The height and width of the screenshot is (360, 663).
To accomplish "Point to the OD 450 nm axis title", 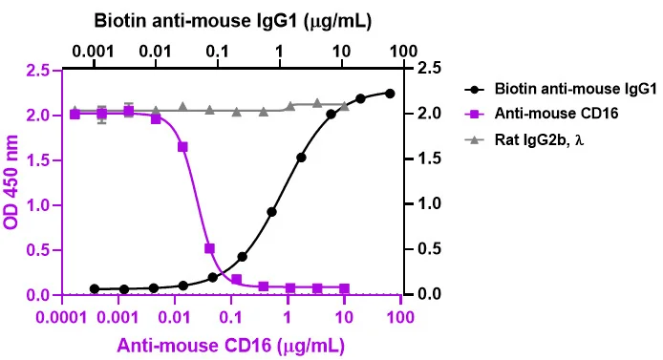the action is [x=11, y=182].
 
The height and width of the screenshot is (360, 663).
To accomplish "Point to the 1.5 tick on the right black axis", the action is [x=429, y=159].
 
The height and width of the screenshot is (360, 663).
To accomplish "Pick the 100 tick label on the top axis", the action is [x=403, y=52].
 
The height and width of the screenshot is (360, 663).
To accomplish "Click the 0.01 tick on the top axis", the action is [x=156, y=52].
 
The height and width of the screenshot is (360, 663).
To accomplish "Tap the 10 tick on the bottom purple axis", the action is [x=344, y=316].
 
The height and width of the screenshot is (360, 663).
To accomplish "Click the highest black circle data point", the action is [x=390, y=94].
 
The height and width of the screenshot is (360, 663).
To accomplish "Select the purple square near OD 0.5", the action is [x=209, y=248].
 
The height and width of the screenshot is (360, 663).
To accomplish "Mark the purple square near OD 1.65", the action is [x=182, y=147].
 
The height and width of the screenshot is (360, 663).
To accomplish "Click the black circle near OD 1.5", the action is [x=301, y=158].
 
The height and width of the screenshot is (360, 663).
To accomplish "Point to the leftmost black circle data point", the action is [x=95, y=289].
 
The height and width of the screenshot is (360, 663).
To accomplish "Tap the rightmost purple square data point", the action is [x=344, y=288].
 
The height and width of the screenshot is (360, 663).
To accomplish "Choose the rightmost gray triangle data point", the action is [x=344, y=106].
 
